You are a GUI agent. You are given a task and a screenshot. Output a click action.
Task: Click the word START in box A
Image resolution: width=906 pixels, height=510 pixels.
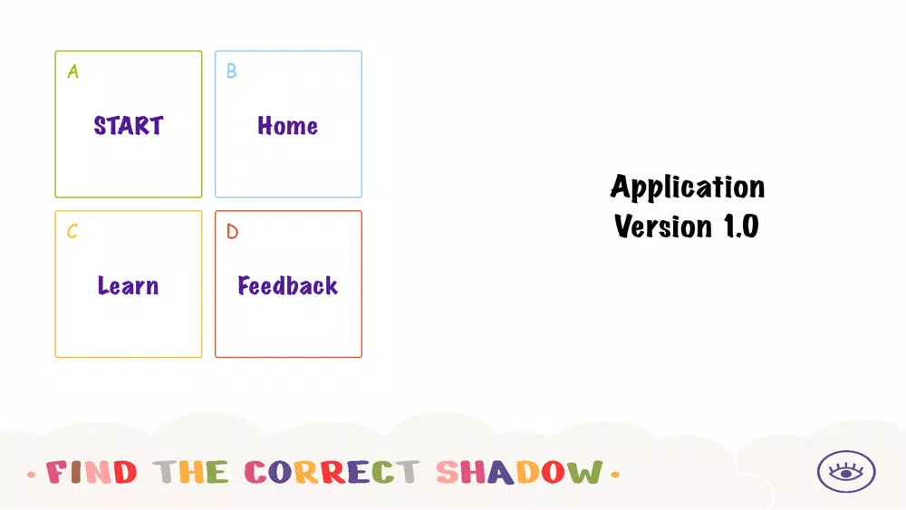[x=129, y=126]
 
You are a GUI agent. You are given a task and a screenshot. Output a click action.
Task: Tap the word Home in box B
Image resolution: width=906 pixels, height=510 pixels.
[x=288, y=126]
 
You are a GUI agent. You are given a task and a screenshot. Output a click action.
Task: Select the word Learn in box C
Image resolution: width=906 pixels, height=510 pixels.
[x=128, y=285]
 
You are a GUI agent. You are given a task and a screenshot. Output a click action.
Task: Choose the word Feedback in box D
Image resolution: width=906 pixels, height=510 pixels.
[x=288, y=285]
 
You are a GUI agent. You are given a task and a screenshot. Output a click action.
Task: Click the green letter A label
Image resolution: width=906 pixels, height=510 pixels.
[x=72, y=71]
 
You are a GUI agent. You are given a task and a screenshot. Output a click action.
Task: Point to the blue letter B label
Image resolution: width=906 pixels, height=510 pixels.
[x=232, y=71]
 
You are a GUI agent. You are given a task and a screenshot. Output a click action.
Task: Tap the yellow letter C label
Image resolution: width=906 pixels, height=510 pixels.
[x=72, y=231]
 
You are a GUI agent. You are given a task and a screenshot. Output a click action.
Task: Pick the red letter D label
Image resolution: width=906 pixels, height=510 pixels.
[x=232, y=231]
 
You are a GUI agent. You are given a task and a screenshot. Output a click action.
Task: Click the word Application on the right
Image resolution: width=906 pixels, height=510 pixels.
[x=688, y=188]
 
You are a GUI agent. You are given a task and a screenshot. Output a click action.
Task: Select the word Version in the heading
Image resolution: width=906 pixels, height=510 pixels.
[x=663, y=226]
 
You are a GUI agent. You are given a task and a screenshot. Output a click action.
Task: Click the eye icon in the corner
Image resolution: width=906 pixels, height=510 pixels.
[x=846, y=471]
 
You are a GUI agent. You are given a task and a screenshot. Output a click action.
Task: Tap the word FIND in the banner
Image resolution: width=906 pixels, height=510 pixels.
[x=92, y=472]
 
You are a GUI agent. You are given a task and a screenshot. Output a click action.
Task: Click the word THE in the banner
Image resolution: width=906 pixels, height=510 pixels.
[x=190, y=472]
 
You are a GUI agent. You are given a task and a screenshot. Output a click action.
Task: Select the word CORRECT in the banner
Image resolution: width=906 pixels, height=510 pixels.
[x=333, y=472]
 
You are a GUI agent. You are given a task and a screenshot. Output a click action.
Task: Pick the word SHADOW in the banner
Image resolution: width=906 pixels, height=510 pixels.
[x=519, y=472]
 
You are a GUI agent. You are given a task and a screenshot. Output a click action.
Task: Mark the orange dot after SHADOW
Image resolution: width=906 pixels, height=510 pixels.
[x=615, y=475]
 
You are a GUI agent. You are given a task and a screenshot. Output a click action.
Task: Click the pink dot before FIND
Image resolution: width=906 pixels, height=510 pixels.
[x=31, y=475]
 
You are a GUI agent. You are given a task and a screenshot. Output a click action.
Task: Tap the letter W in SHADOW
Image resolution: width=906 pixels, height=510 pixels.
[x=584, y=472]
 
